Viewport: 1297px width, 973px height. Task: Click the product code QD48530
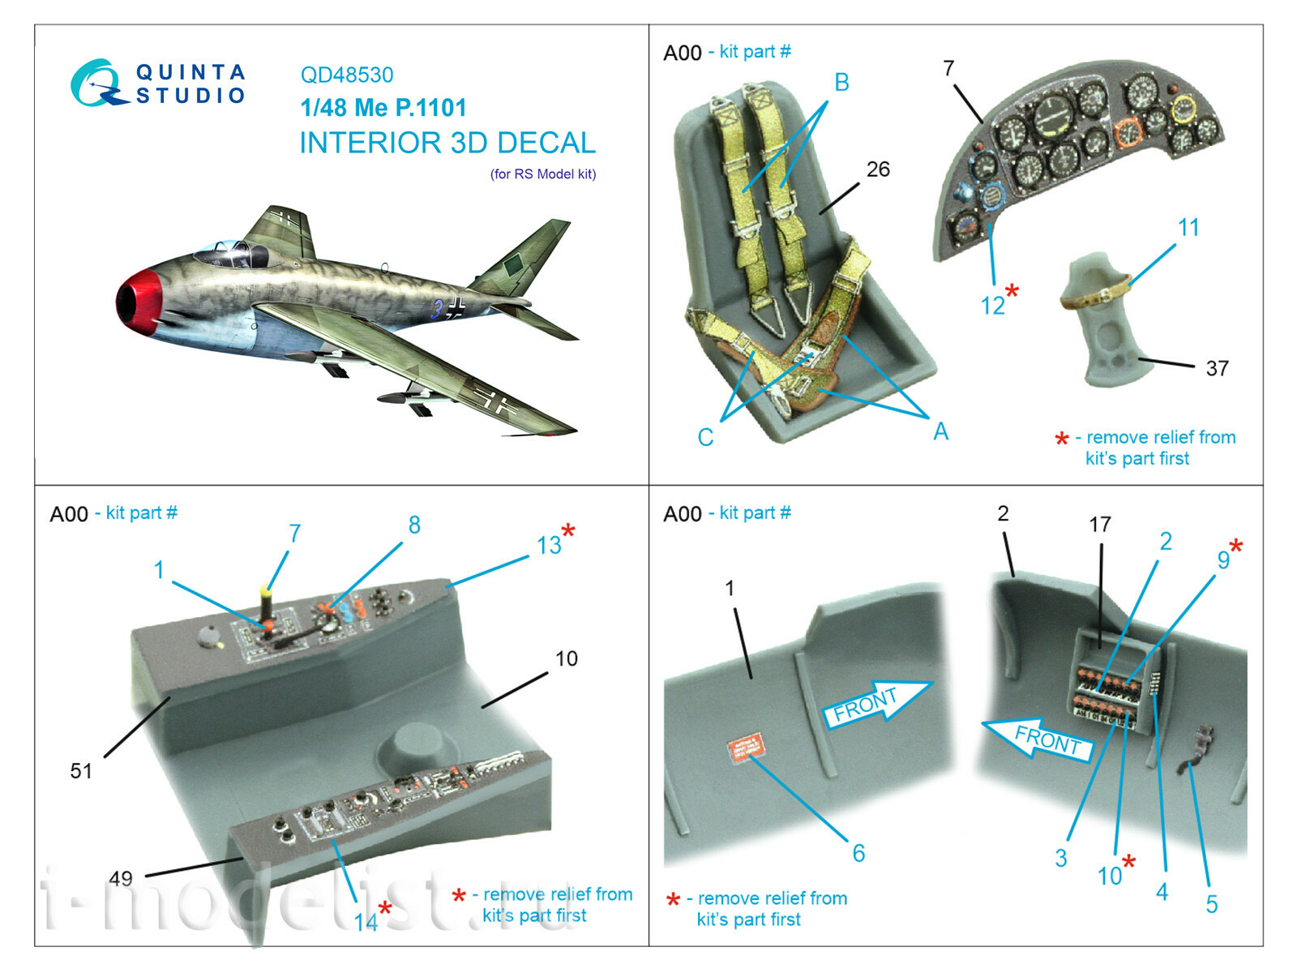(346, 75)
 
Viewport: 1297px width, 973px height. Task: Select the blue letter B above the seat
(841, 83)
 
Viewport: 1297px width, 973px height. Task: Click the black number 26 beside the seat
(878, 169)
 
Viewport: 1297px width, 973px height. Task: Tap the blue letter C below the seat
(705, 438)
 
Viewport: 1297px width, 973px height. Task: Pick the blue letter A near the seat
(940, 431)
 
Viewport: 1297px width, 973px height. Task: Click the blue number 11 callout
(1188, 228)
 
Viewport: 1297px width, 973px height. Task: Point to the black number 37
(1217, 369)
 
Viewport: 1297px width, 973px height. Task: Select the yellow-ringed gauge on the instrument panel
(1183, 108)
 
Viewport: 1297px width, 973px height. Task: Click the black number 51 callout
(81, 771)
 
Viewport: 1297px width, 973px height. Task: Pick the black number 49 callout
(121, 878)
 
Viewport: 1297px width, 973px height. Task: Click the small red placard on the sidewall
(745, 747)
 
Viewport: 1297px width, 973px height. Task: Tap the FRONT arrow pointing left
(1038, 736)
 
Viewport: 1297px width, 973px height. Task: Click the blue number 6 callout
(858, 853)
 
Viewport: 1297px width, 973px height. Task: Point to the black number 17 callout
(1099, 525)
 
